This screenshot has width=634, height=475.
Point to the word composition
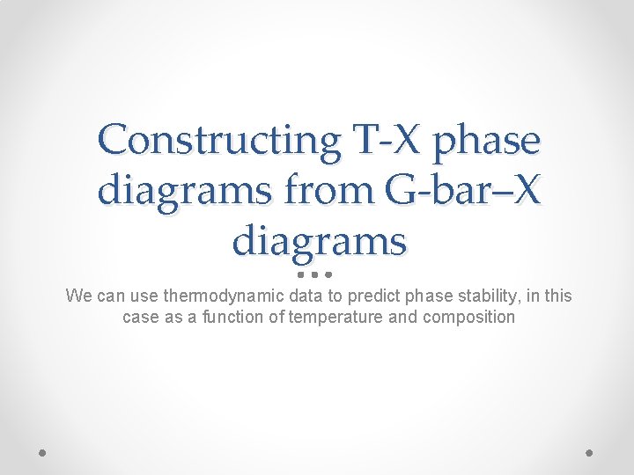point(468,317)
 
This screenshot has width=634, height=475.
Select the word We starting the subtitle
point(78,296)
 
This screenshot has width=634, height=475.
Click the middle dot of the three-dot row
point(314,274)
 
